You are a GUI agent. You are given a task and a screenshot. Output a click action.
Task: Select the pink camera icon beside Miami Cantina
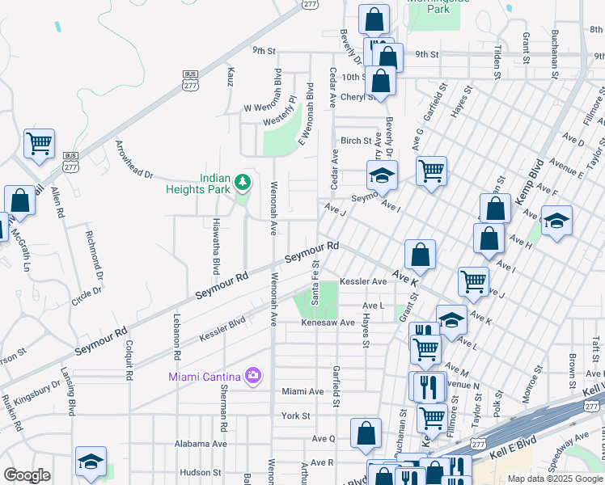point(253,375)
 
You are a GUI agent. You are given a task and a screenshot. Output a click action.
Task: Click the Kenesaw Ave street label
point(328,323)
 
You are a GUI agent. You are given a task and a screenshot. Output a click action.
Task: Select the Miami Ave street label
point(302,391)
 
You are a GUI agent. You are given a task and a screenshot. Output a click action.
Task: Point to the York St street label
point(296,415)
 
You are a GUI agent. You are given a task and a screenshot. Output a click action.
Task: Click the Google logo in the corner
point(27,475)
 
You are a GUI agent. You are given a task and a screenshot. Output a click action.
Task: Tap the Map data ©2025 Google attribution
point(554,479)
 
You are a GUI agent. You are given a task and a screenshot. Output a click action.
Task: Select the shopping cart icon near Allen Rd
point(39,144)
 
